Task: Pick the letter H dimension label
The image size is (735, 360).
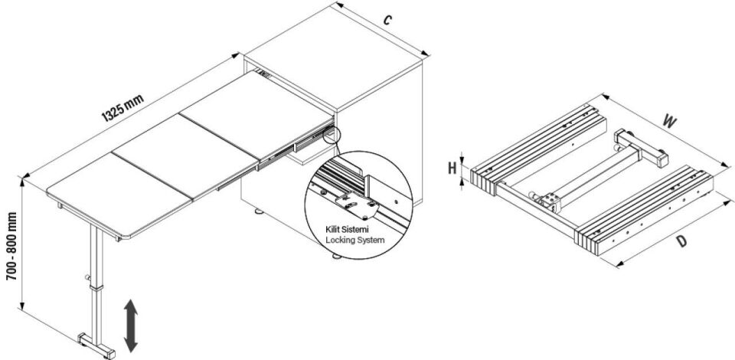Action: [x=452, y=168]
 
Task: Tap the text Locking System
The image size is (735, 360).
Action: [x=354, y=240]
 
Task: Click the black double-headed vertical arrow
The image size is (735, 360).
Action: [x=132, y=322]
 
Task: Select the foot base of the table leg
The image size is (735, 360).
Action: [x=94, y=342]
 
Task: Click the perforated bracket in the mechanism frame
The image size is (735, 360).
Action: [x=548, y=202]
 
